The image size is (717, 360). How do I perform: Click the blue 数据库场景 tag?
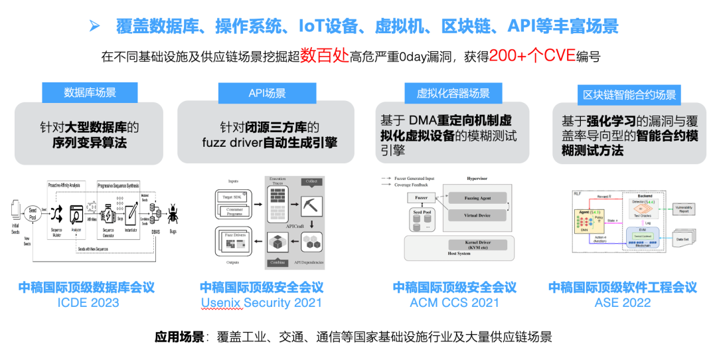pyautogui.click(x=90, y=92)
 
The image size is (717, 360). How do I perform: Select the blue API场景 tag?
pyautogui.click(x=267, y=93)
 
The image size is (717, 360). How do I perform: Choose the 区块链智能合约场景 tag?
pyautogui.click(x=629, y=95)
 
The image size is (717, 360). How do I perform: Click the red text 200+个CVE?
pyautogui.click(x=532, y=56)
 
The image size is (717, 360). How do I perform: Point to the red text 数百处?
pyautogui.click(x=324, y=56)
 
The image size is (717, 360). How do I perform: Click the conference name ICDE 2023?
pyautogui.click(x=87, y=303)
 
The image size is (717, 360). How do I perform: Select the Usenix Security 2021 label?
pyautogui.click(x=262, y=303)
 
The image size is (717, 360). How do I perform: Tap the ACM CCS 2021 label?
pyautogui.click(x=454, y=303)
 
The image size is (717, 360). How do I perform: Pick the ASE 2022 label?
pyautogui.click(x=623, y=303)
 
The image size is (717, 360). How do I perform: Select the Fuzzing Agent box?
pyautogui.click(x=476, y=198)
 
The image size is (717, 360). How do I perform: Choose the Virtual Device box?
pyautogui.click(x=476, y=215)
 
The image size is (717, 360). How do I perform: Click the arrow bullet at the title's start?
pyautogui.click(x=95, y=26)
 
